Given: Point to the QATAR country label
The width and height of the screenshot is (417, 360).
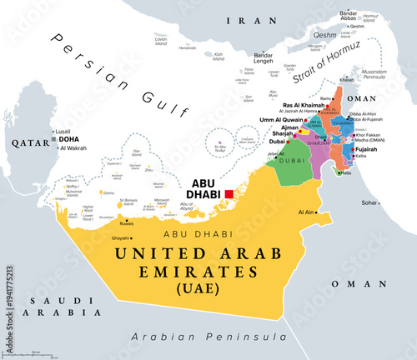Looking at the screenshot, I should (26, 143).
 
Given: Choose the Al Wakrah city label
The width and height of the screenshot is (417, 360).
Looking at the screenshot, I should (73, 147).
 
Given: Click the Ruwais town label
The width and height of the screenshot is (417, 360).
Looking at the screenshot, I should (126, 222).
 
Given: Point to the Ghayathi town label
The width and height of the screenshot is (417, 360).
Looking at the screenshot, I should (122, 238).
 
